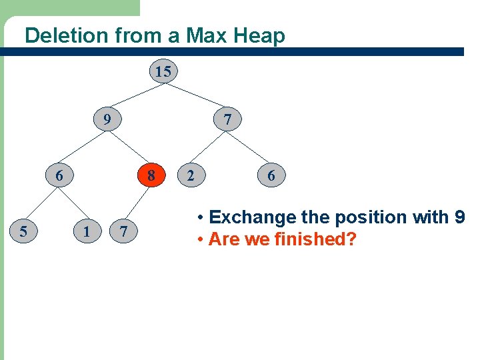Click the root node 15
(163, 71)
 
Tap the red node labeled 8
(152, 176)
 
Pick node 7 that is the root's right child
(228, 120)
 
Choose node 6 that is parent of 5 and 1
(59, 176)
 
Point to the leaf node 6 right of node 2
(271, 176)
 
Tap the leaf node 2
(191, 176)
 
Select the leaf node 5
(23, 232)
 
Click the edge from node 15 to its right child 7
(196, 96)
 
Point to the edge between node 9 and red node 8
(129, 147)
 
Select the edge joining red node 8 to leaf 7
(137, 203)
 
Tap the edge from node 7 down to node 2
(209, 148)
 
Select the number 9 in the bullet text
(459, 217)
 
